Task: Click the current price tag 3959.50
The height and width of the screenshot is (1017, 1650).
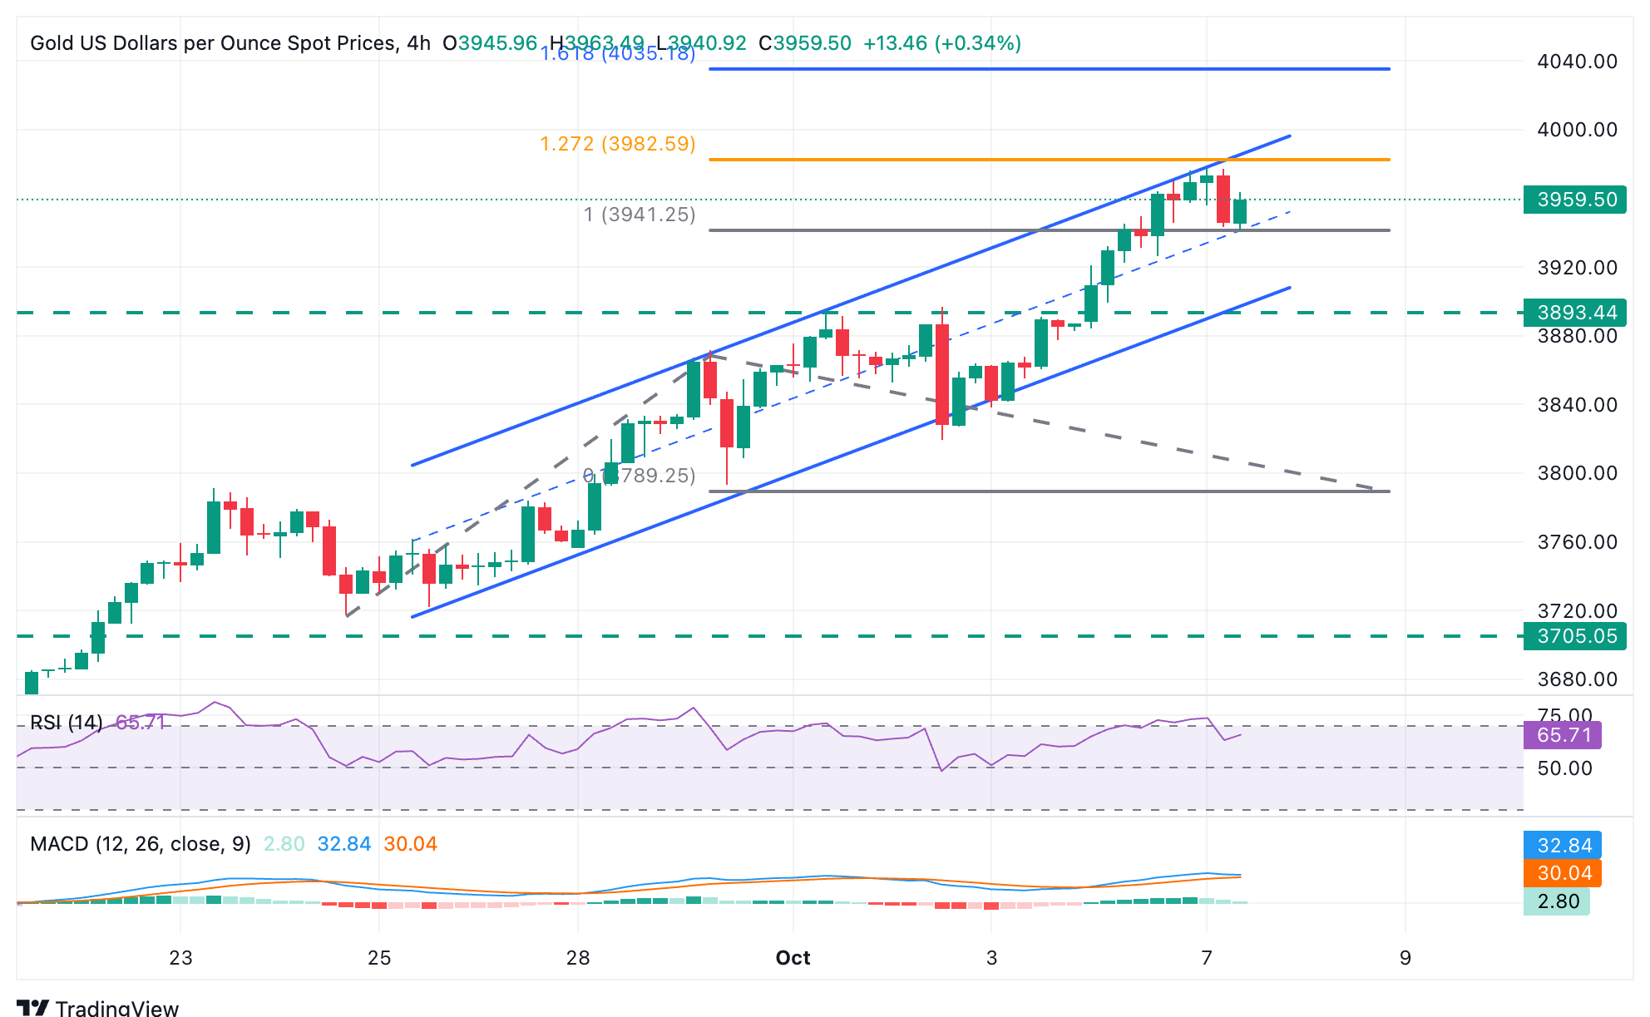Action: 1574,200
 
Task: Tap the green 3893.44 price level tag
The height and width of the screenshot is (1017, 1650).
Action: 1574,313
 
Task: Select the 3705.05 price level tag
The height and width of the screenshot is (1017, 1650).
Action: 1574,636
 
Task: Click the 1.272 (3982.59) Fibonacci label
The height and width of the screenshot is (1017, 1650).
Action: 618,144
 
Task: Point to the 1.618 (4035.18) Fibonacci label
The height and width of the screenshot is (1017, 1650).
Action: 618,54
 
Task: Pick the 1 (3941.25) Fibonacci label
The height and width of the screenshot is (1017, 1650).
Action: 640,215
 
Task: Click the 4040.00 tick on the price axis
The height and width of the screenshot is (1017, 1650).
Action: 1577,62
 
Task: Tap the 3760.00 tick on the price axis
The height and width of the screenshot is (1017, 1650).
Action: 1577,542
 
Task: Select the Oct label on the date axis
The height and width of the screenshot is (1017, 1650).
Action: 793,958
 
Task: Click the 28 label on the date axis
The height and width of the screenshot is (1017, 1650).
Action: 578,958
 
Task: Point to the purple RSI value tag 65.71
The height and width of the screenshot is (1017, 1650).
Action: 1563,735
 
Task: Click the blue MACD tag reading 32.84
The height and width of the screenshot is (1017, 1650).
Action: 1563,846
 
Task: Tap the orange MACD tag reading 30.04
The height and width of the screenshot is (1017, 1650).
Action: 1563,873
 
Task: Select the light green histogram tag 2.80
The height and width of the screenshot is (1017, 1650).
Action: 1557,901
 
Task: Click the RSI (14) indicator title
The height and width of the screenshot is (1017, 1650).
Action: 67,723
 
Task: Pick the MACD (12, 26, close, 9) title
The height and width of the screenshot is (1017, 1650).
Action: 141,844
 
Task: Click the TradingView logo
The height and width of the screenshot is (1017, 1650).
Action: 97,1007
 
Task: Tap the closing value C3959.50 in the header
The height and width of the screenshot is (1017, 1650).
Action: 805,43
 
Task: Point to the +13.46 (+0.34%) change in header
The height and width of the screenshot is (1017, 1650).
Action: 942,43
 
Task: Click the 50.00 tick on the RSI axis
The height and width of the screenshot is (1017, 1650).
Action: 1564,768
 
